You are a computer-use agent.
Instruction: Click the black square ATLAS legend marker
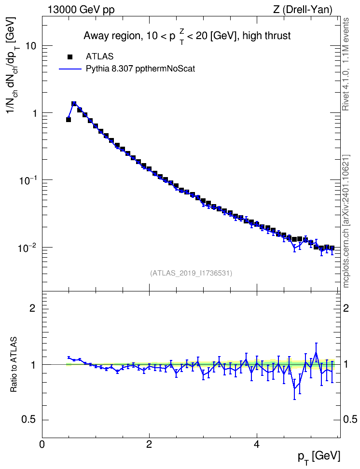(70, 56)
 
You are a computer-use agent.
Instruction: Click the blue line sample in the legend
(70, 69)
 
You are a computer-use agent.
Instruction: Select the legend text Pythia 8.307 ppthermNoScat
(140, 69)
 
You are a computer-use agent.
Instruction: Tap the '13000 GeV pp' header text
(81, 10)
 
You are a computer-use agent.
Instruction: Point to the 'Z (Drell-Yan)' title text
(303, 10)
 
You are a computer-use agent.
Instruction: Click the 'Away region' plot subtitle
(187, 36)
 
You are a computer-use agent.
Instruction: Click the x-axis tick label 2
(149, 443)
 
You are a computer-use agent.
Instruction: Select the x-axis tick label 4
(256, 443)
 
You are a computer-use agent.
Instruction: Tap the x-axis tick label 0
(42, 443)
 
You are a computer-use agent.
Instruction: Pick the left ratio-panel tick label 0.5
(29, 420)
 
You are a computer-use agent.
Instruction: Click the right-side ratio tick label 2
(346, 308)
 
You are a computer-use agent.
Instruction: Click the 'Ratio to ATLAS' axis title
(14, 364)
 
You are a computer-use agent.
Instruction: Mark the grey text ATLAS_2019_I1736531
(191, 273)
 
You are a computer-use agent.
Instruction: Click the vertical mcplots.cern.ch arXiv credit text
(346, 221)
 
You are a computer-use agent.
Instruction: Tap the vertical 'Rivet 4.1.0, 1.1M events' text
(346, 64)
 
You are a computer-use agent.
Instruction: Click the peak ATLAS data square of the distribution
(74, 104)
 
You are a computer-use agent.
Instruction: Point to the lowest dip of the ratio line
(294, 389)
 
